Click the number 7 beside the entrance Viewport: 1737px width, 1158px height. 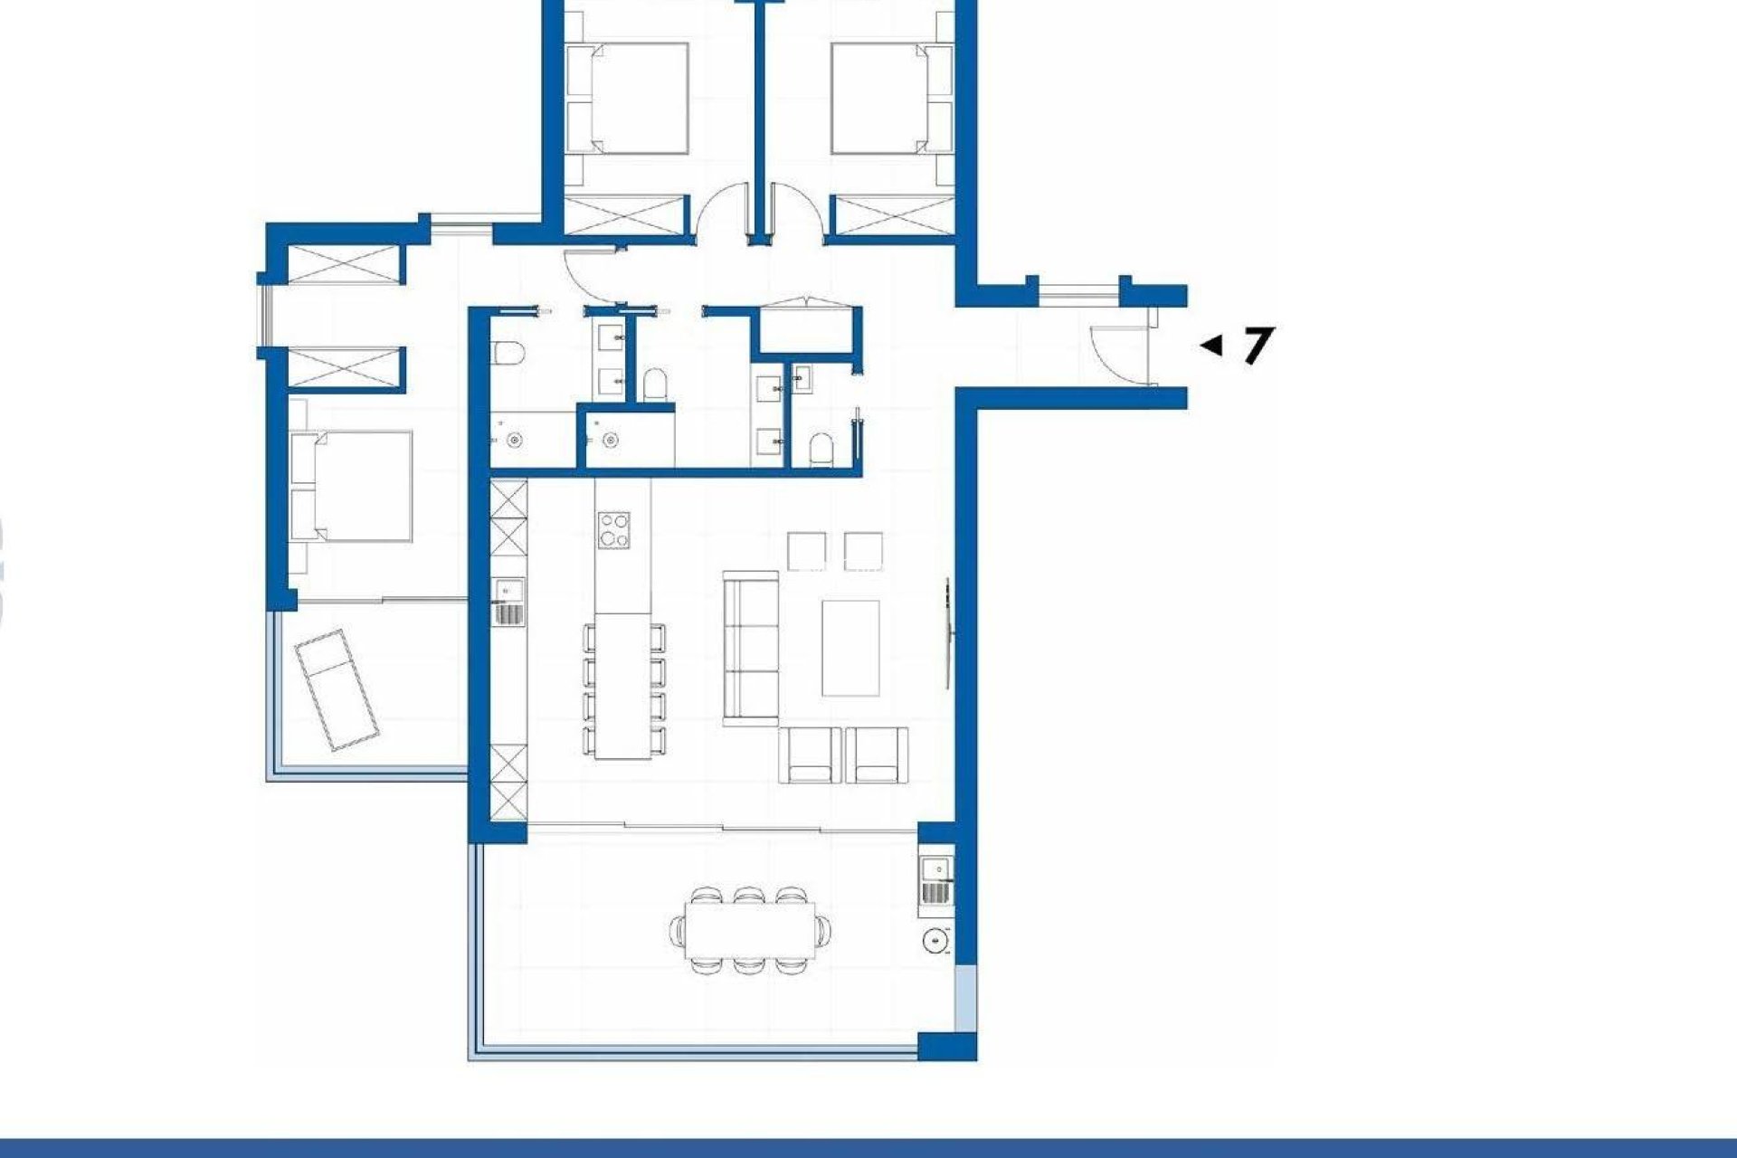point(1257,345)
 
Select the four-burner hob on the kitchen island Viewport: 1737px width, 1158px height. point(614,529)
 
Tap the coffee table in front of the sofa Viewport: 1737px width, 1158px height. point(850,648)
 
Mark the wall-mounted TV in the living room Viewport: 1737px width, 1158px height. point(947,633)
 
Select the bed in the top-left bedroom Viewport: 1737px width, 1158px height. point(627,97)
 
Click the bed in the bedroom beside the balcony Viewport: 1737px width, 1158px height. point(353,486)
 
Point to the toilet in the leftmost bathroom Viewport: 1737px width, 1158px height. point(506,353)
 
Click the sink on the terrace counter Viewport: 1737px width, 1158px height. point(937,869)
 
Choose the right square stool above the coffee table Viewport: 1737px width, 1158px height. point(864,552)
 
